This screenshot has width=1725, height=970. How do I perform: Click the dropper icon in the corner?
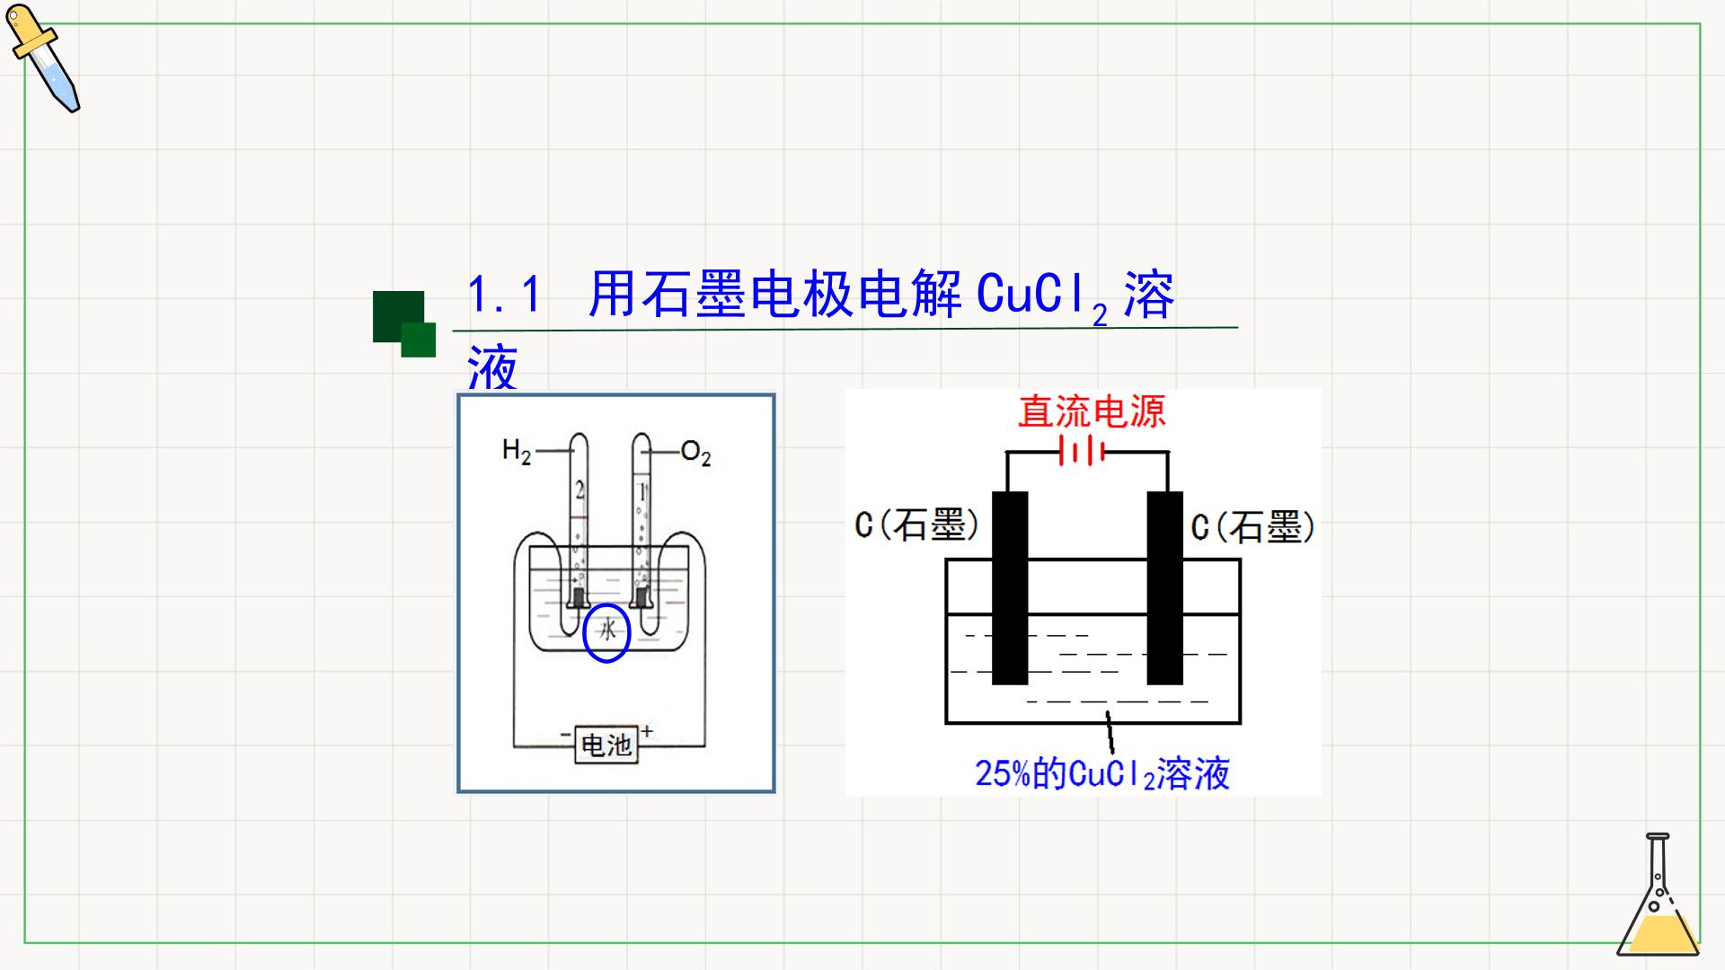42,57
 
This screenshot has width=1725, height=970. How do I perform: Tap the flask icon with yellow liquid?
1659,895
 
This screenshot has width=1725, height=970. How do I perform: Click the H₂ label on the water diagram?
517,450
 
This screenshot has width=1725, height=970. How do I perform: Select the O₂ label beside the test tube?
695,453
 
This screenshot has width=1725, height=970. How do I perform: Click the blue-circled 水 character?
607,631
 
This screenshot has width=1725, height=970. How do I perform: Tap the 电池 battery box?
606,744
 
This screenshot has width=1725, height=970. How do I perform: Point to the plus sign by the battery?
647,731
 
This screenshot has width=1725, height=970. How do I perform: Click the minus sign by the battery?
565,735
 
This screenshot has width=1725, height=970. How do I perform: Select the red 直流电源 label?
1092,411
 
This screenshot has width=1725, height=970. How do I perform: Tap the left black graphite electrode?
1010,587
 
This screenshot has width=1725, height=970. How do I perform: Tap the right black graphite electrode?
1165,587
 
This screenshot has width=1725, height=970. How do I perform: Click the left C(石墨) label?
916,525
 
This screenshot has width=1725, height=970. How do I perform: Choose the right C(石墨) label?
1253,526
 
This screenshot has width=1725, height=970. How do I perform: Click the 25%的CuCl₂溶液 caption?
1102,773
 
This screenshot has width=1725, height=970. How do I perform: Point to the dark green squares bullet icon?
404,323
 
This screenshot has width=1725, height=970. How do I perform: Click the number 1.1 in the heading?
505,295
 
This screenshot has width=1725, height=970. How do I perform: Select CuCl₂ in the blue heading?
1042,296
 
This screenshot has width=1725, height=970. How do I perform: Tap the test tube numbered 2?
579,521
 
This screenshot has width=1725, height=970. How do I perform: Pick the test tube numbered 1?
641,521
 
